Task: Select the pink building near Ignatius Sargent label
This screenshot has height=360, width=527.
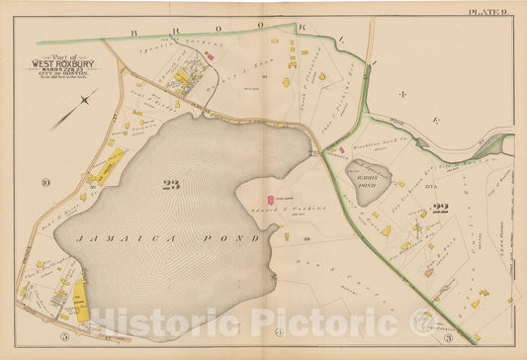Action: click(x=209, y=57)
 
